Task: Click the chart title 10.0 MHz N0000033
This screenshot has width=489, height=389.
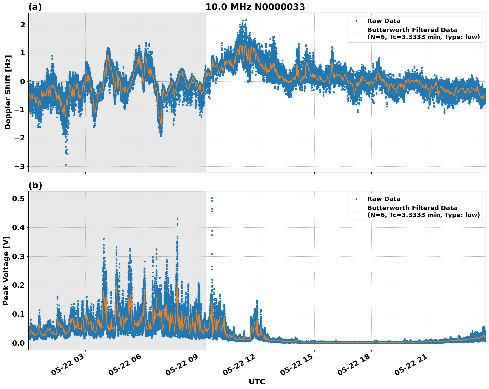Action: click(x=255, y=7)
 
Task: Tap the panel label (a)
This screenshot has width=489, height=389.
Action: click(x=35, y=7)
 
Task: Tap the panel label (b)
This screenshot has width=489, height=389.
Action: click(x=35, y=185)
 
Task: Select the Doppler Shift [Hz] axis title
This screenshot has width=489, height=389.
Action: click(x=8, y=92)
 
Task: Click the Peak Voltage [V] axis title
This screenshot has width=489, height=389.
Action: click(x=6, y=271)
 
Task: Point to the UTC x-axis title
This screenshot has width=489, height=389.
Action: click(x=257, y=382)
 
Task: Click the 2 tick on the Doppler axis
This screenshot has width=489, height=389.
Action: click(x=23, y=25)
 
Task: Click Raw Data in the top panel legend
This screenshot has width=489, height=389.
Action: click(x=384, y=21)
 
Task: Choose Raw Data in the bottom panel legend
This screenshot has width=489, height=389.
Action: click(x=384, y=199)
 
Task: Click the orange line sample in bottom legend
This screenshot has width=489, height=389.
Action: click(x=357, y=211)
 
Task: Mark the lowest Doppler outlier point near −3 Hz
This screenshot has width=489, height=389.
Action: click(x=66, y=165)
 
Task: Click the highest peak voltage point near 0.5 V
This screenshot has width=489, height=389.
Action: click(x=212, y=198)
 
